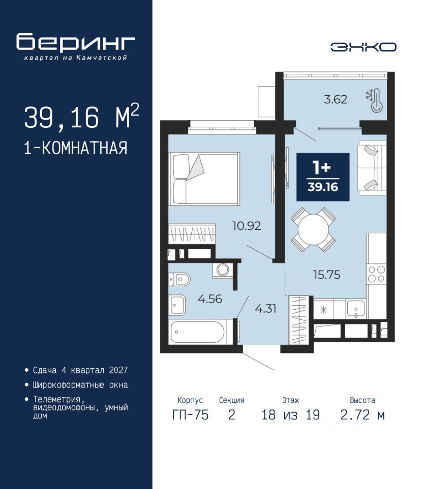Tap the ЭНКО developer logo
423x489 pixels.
pyautogui.click(x=363, y=47)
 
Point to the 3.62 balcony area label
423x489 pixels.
pyautogui.click(x=335, y=99)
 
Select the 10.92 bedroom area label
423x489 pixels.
pyautogui.click(x=247, y=226)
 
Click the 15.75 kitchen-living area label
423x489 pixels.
pyautogui.click(x=326, y=275)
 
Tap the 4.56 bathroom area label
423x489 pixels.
pyautogui.click(x=210, y=299)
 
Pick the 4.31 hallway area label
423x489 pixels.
pyautogui.click(x=265, y=309)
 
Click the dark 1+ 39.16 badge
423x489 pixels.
pyautogui.click(x=323, y=177)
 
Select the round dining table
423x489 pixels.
pyautogui.click(x=313, y=230)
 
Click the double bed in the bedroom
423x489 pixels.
pyautogui.click(x=204, y=179)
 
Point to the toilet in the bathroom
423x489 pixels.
pyautogui.click(x=179, y=279)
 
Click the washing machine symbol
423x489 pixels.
pyautogui.click(x=223, y=270)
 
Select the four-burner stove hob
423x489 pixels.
pyautogui.click(x=376, y=274)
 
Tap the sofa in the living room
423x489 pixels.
pyautogui.click(x=373, y=168)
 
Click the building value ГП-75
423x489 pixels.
pyautogui.click(x=190, y=415)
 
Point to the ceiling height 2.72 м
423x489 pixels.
pyautogui.click(x=362, y=415)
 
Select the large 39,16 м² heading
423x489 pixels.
pyautogui.click(x=81, y=117)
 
